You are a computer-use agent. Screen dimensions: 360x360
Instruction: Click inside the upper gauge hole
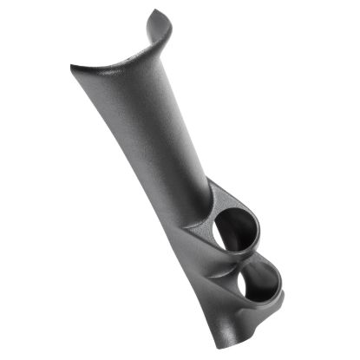tap(235, 229)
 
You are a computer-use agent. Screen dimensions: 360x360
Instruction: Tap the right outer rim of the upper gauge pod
tap(259, 227)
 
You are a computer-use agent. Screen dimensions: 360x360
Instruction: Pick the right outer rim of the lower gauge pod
tap(283, 286)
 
